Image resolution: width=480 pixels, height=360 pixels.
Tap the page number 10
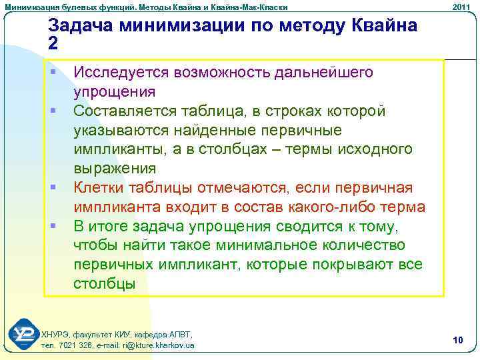click(457, 341)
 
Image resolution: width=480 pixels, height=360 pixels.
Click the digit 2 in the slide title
click(53, 43)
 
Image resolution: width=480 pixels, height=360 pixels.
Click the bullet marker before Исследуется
click(51, 71)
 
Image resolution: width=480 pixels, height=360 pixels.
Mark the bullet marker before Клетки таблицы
click(51, 187)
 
